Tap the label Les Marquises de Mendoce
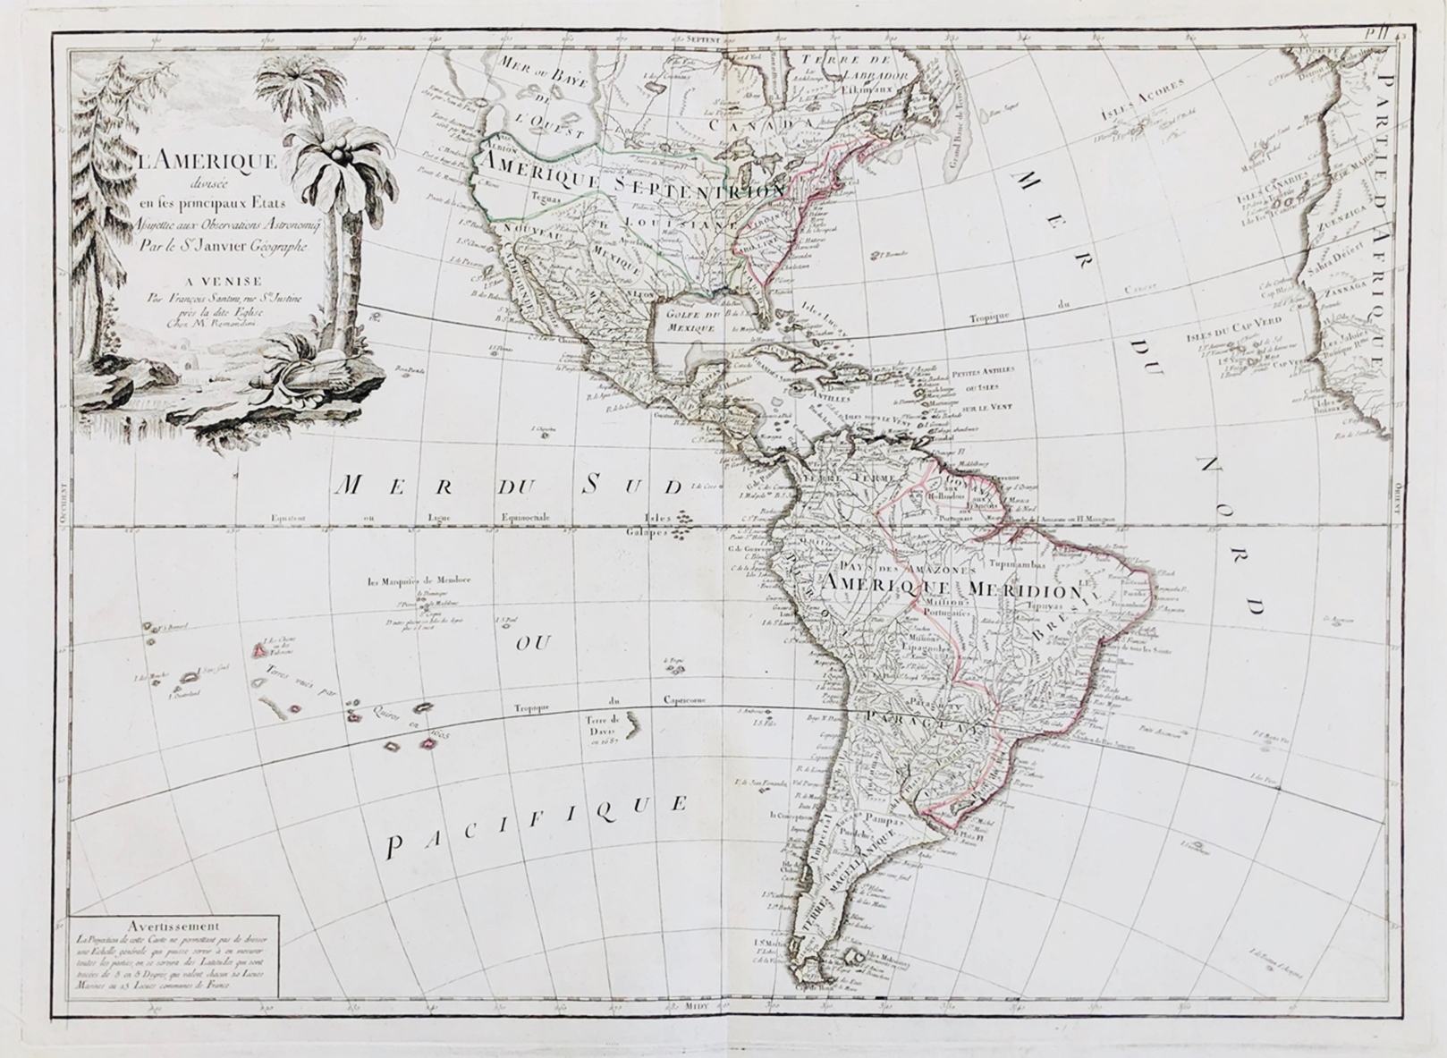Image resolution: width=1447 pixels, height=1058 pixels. pos(419,580)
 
